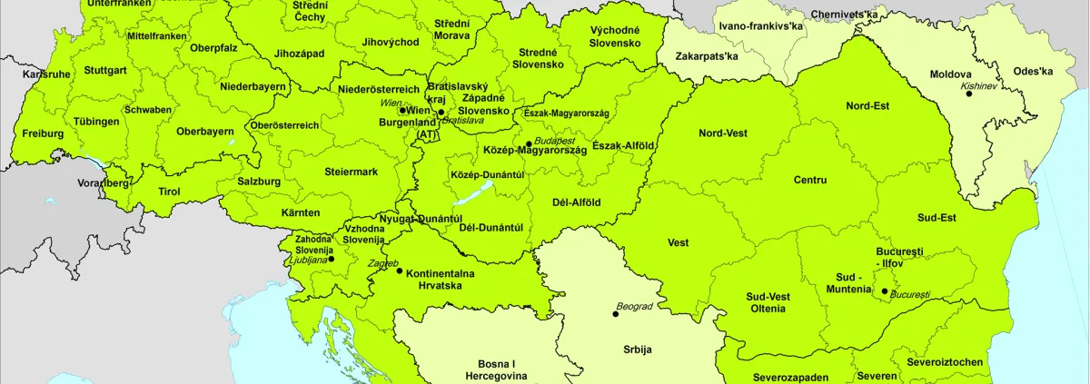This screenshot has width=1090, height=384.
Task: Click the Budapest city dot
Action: tap(529, 144)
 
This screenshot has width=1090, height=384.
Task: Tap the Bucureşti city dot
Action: tap(884, 291)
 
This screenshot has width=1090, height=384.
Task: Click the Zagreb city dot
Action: tap(400, 271)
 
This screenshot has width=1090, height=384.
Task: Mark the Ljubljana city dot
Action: tap(331, 260)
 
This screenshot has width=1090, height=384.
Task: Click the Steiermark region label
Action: tap(351, 172)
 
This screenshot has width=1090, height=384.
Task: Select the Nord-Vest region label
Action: tap(723, 133)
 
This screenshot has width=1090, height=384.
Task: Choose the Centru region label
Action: tap(809, 180)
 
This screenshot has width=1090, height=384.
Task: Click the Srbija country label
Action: tap(638, 349)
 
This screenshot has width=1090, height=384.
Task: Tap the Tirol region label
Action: tap(170, 192)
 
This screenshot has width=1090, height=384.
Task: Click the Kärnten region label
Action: tap(301, 212)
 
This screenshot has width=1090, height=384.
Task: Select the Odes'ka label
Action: tap(1034, 72)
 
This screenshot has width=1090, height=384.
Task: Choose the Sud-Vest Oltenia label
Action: tap(768, 302)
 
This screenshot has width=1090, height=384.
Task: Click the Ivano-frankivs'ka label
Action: tap(761, 26)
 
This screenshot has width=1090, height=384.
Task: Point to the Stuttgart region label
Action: tap(105, 70)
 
